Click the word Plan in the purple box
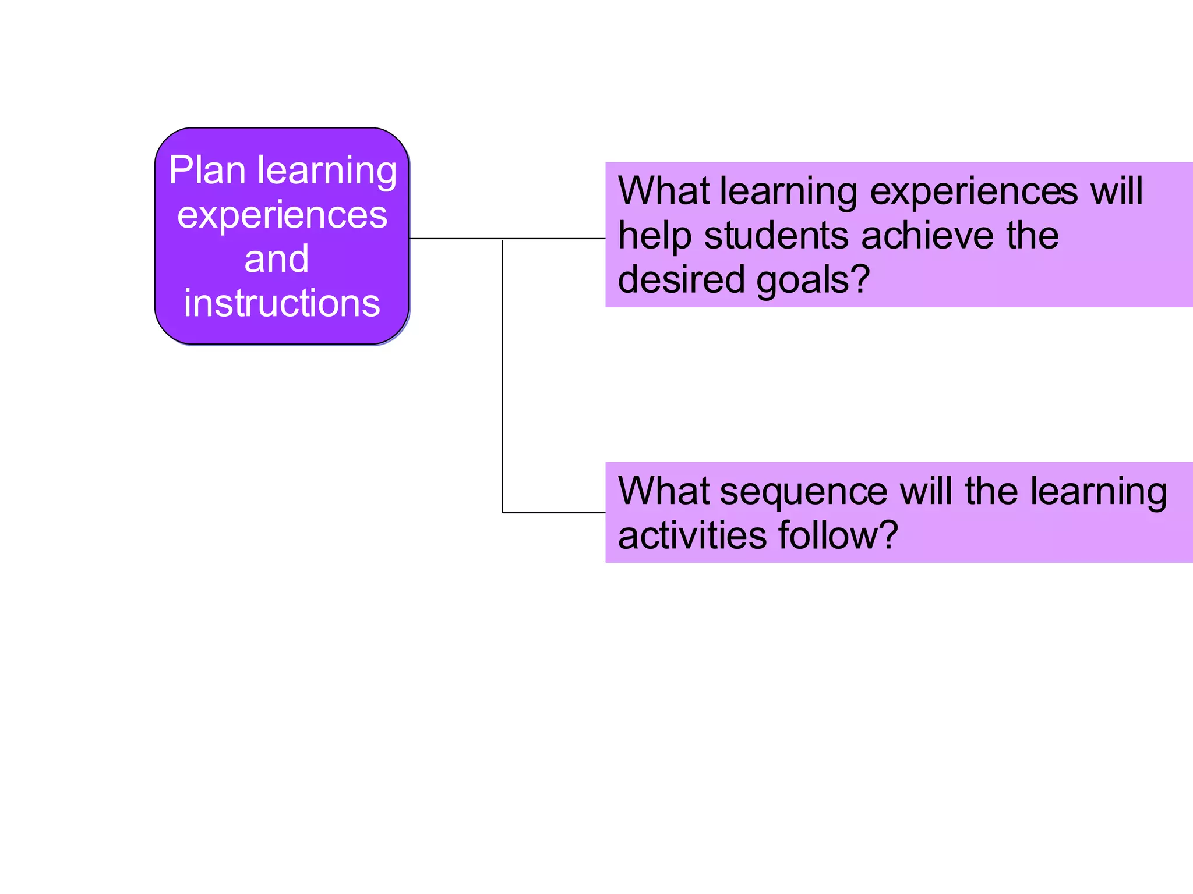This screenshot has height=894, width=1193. [x=207, y=171]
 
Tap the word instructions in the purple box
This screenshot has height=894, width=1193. [x=282, y=303]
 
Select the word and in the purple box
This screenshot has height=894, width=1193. [x=276, y=259]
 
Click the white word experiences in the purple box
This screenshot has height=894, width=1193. [x=282, y=215]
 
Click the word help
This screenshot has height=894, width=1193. [x=654, y=237]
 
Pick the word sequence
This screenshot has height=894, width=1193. [x=803, y=492]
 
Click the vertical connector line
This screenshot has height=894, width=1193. [x=503, y=378]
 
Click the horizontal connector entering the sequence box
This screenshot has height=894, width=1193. [x=553, y=513]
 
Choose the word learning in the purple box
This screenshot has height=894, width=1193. [x=327, y=172]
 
